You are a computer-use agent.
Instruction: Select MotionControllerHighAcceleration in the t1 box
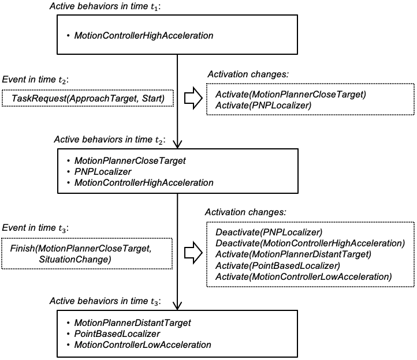coord(144,36)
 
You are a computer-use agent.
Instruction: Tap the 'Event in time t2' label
coord(36,79)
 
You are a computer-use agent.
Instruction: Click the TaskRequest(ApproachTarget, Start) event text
coord(88,99)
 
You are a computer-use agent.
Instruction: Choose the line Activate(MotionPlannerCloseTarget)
coord(291,94)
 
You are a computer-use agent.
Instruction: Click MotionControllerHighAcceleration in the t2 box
coord(144,182)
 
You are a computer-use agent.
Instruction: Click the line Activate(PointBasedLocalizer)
coord(277,265)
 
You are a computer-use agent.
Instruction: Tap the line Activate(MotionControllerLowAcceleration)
coord(303,277)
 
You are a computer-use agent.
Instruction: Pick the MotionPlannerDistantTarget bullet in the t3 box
coord(132,322)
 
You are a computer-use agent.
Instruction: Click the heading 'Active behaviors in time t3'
coord(105,302)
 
